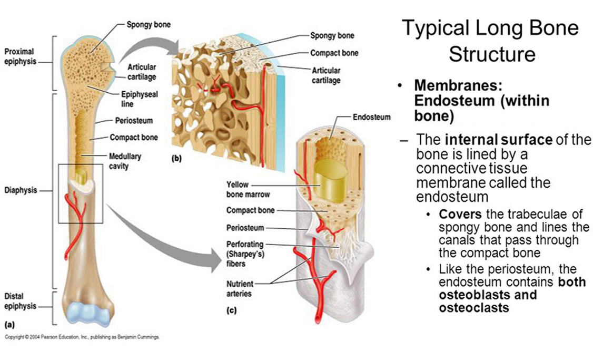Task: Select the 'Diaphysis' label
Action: [x=21, y=190]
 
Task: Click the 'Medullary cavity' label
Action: [x=125, y=161]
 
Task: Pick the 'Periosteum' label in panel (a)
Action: [x=134, y=121]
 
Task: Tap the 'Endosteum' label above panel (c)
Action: [x=371, y=117]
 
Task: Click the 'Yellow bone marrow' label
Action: [x=248, y=189]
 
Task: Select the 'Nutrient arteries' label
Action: [x=240, y=288]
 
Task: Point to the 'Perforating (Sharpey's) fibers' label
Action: [x=245, y=254]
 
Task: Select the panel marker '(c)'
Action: [x=231, y=310]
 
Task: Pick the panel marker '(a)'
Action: [x=9, y=325]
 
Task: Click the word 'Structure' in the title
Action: [x=492, y=54]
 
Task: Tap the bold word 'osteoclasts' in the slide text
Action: [x=474, y=307]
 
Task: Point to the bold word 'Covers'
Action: [x=460, y=214]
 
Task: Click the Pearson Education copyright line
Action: [x=82, y=337]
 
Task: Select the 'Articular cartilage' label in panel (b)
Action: [x=326, y=75]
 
